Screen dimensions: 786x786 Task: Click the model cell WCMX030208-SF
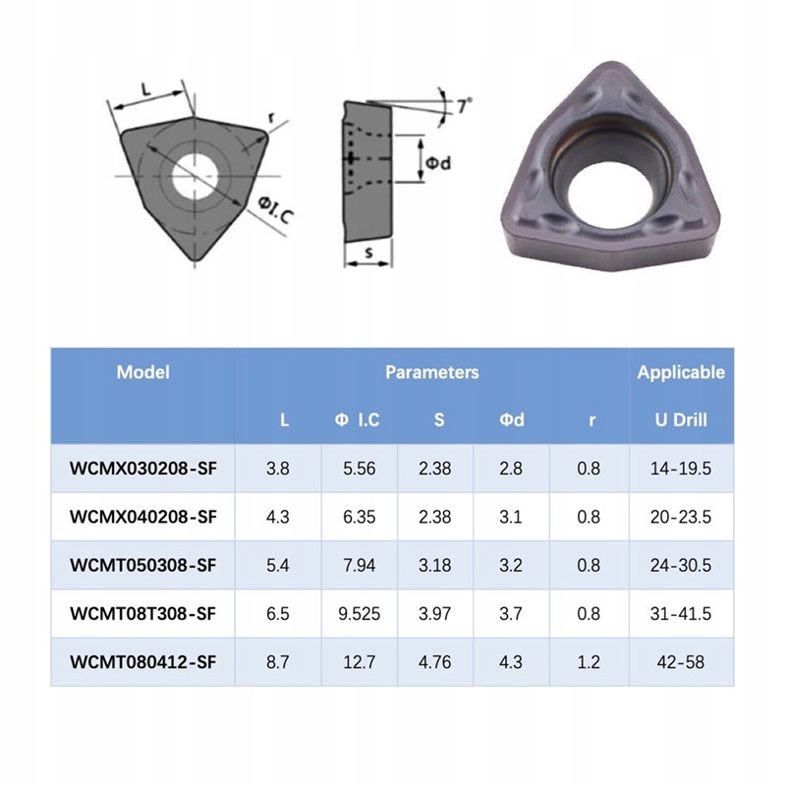click(142, 469)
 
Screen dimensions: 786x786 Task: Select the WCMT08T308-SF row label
click(142, 613)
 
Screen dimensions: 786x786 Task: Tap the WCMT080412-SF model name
click(142, 661)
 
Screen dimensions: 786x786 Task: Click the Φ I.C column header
click(357, 420)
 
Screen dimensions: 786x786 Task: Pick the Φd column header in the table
click(511, 420)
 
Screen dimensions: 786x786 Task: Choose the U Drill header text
click(681, 420)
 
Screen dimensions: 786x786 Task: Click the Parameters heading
click(431, 372)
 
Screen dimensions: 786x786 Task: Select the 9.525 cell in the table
click(359, 613)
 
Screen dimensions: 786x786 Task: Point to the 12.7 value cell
click(359, 661)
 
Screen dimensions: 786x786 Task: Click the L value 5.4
click(278, 565)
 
